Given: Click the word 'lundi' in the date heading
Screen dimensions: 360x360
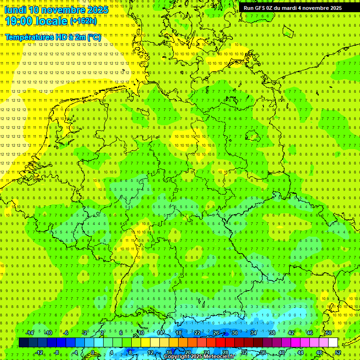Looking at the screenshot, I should (x=15, y=10).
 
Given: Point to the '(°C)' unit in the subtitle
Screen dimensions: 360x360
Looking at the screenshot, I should (x=94, y=37).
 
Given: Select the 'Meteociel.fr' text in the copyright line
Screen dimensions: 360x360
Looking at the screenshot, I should (x=218, y=357).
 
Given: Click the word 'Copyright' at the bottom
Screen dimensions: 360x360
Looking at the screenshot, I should (x=177, y=357).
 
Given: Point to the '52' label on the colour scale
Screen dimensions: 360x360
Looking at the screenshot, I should (x=337, y=352).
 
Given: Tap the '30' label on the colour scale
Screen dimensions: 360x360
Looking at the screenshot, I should (x=234, y=333).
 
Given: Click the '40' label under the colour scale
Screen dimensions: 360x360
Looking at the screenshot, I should (x=281, y=352).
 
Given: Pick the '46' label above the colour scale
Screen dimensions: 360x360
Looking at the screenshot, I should (x=309, y=333).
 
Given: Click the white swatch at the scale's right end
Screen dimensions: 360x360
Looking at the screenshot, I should (x=333, y=343).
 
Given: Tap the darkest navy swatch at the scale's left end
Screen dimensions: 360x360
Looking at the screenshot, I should (x=23, y=343).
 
